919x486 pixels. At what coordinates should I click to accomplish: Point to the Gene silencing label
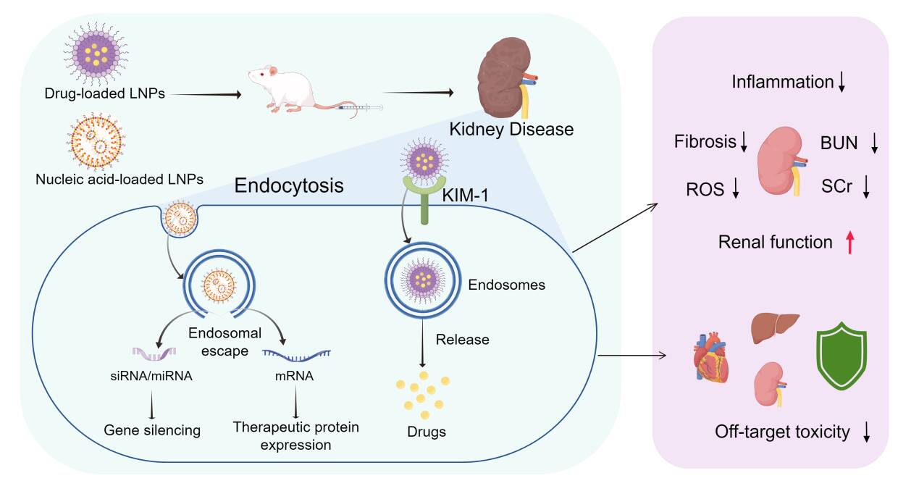(x=151, y=430)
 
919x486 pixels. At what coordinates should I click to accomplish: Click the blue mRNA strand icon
(x=296, y=353)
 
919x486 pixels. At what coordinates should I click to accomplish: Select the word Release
(x=462, y=339)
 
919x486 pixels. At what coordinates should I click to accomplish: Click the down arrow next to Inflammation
(x=842, y=83)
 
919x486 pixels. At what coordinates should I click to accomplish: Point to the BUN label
(x=839, y=143)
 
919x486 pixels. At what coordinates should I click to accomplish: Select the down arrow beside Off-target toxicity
(x=866, y=432)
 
